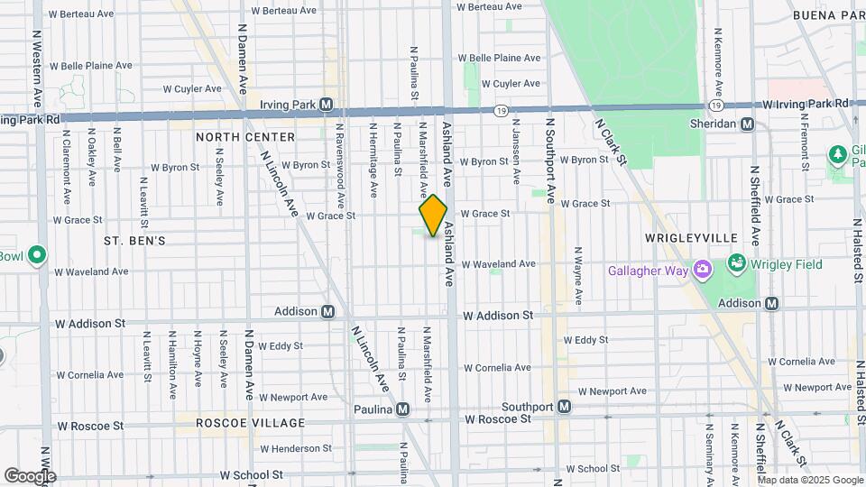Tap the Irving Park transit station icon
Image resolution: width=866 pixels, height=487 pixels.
[x=327, y=105]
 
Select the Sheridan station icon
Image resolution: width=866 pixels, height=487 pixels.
[x=747, y=124]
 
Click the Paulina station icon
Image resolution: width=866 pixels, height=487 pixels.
[x=402, y=409]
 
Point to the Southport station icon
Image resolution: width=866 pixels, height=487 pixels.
[x=564, y=407]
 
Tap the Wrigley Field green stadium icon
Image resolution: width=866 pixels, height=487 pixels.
[x=737, y=265]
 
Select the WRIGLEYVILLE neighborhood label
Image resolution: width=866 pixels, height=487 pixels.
[x=692, y=238]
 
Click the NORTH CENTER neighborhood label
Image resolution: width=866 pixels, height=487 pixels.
[x=245, y=137]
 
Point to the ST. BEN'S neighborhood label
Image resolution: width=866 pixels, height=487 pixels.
[x=134, y=241]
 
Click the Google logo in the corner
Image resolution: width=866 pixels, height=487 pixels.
[x=30, y=475]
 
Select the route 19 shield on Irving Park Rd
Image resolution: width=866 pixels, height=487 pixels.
[x=500, y=110]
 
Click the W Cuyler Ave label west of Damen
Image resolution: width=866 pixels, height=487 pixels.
[x=192, y=89]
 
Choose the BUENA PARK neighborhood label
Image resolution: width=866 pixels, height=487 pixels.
[x=828, y=15]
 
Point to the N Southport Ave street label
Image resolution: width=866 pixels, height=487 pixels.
[x=548, y=160]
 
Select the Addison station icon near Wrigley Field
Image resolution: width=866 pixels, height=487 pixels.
[x=771, y=303]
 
